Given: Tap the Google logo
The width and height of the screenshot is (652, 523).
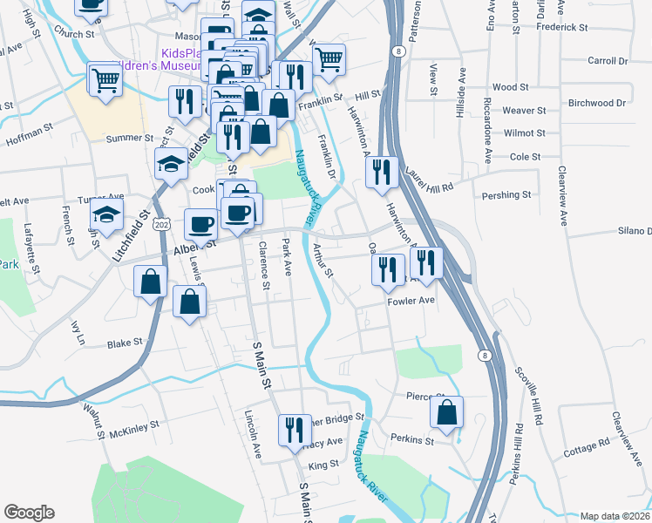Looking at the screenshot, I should tap(29, 512).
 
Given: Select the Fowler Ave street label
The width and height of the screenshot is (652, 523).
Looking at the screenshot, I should tap(411, 301).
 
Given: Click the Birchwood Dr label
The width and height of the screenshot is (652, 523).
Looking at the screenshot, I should tap(597, 103).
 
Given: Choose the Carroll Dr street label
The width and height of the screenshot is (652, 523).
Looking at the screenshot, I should tap(608, 61).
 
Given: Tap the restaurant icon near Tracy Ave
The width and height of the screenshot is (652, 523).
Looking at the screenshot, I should tap(295, 429).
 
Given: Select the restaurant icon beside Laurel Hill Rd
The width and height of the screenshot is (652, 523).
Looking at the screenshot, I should tap(381, 172).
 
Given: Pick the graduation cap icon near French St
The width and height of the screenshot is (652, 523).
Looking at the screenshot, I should tap(107, 217).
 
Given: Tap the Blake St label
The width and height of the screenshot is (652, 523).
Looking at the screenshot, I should tap(124, 343).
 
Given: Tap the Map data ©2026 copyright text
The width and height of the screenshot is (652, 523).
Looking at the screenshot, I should tap(615, 516).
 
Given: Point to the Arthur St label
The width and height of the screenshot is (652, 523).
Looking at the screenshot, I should tap(323, 260).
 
